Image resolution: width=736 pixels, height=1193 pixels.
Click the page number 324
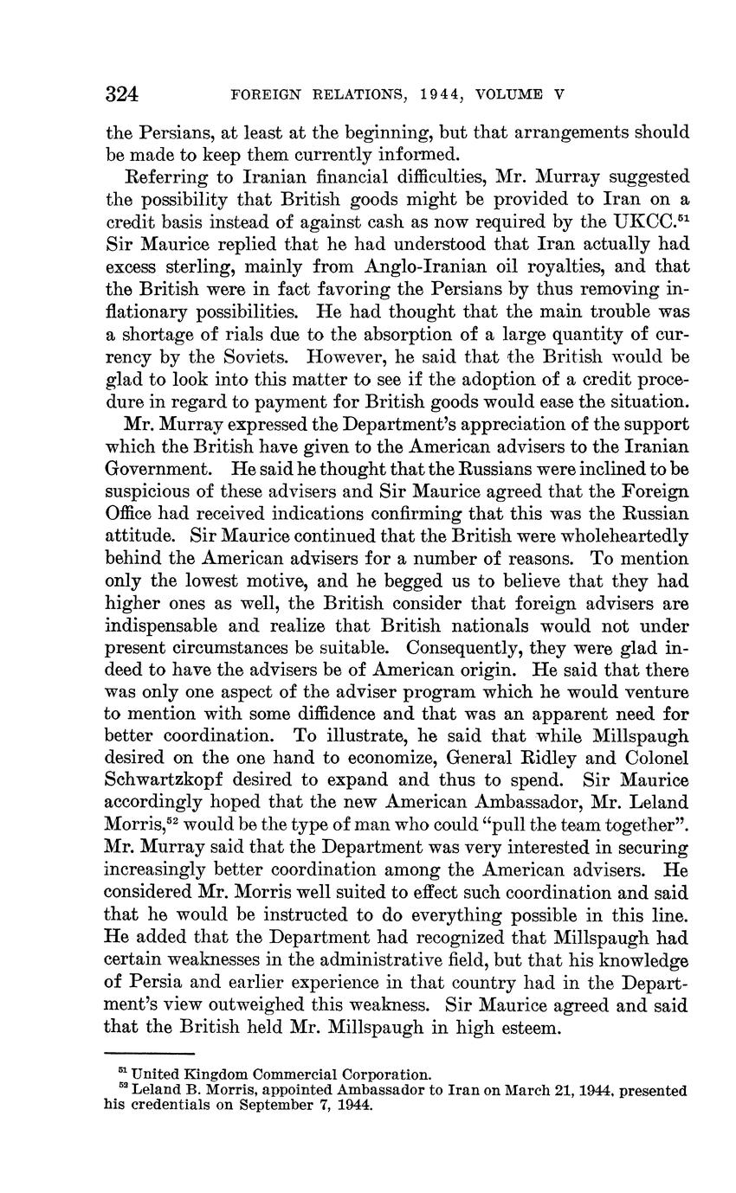point(122,94)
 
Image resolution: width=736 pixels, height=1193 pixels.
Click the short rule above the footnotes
point(148,1054)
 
